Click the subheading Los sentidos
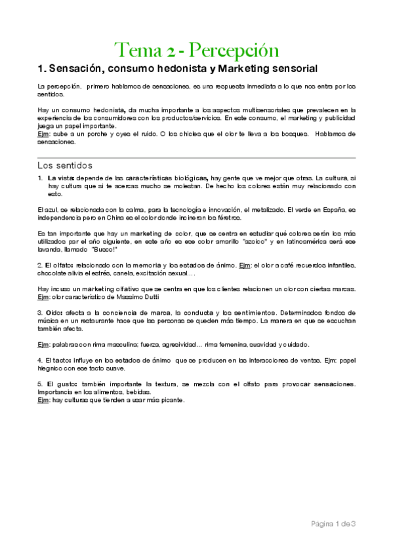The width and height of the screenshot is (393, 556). (65, 165)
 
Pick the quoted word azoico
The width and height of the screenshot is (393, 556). (246, 242)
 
